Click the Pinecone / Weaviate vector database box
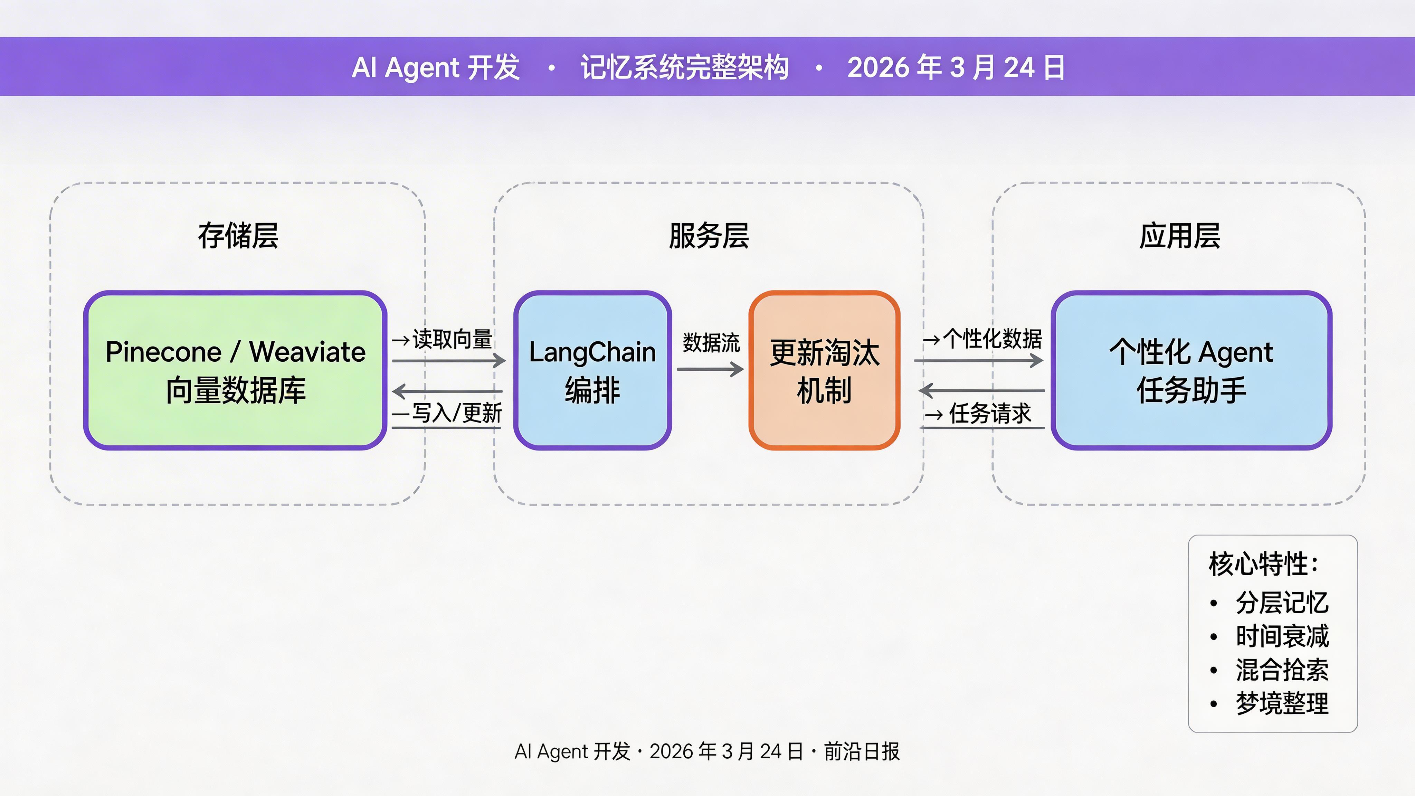(x=235, y=370)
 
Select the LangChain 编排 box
(x=592, y=370)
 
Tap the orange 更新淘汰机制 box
(x=824, y=370)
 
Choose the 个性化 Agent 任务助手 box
(x=1191, y=370)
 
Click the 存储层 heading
(x=238, y=236)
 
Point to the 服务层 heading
(x=709, y=236)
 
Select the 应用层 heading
(x=1179, y=236)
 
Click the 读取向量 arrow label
(x=452, y=339)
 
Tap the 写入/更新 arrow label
(x=456, y=413)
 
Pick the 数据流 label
(x=711, y=342)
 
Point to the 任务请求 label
(x=990, y=413)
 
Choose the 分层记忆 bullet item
(x=1282, y=603)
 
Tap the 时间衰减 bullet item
(x=1282, y=636)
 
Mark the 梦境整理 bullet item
(x=1282, y=703)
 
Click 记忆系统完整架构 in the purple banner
(x=684, y=68)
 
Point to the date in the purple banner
(x=956, y=68)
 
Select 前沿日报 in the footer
(x=861, y=751)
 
